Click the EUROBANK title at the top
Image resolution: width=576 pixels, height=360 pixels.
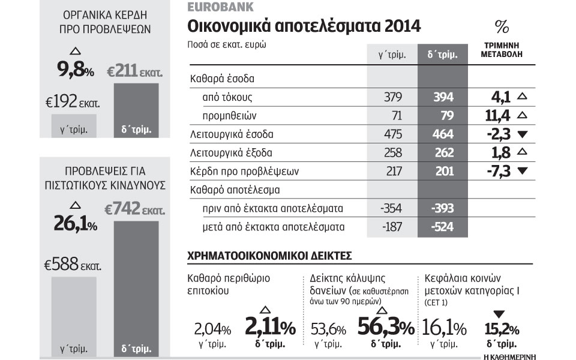[220, 8]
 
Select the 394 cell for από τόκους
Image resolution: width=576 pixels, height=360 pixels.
[443, 97]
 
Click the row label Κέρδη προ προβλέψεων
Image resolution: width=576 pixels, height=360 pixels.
[236, 171]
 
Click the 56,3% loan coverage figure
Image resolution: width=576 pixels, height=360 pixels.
[385, 328]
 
